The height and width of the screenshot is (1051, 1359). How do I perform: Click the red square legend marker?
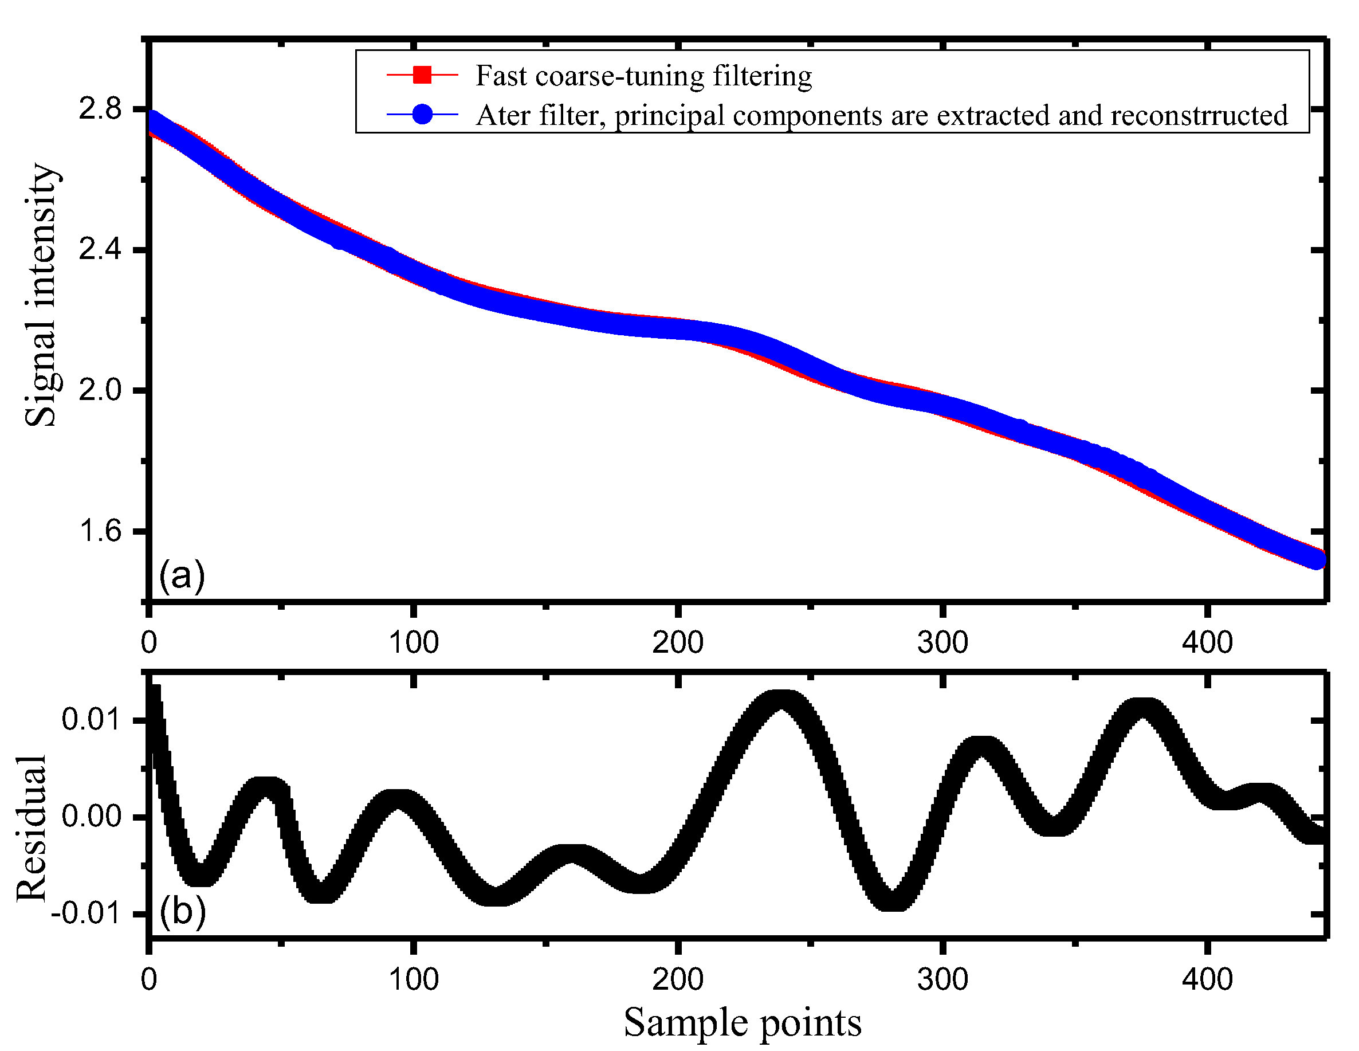[422, 75]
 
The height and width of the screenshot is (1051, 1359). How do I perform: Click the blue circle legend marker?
[422, 115]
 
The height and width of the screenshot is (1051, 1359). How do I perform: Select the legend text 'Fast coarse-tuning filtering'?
[643, 76]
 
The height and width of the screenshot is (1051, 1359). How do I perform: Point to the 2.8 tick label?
[100, 109]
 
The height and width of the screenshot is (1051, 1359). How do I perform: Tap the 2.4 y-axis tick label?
[100, 249]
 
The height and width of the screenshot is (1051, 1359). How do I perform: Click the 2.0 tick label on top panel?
[100, 390]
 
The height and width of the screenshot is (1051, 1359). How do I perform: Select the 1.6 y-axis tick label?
[100, 531]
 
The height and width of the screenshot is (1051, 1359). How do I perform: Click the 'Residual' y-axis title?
[31, 828]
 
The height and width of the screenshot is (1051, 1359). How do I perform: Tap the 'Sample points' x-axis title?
[743, 1022]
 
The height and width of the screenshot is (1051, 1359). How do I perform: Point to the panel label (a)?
[182, 575]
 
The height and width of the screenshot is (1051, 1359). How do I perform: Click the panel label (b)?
[182, 912]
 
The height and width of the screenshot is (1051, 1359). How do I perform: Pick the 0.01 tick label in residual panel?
[92, 719]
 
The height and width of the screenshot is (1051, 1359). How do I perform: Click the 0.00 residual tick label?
[92, 816]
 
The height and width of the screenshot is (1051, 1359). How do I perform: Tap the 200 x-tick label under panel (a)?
[678, 642]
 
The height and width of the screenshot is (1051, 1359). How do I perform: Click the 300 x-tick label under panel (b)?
[942, 979]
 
